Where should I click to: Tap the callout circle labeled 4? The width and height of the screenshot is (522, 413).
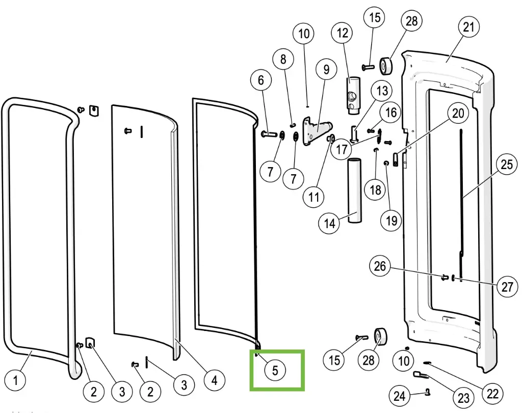[x=214, y=380]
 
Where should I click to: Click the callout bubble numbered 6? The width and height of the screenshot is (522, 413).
[x=261, y=80]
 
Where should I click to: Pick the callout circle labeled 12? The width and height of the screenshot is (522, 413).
[x=343, y=34]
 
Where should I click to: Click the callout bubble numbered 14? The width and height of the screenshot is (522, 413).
[x=330, y=223]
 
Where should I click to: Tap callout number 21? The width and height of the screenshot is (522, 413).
[x=468, y=27]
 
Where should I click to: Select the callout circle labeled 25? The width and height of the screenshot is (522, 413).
[x=506, y=165]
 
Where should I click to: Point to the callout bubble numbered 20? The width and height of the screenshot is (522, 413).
[x=458, y=113]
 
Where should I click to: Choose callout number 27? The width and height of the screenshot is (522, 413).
[x=507, y=287]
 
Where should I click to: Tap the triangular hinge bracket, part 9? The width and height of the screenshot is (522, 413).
[x=316, y=131]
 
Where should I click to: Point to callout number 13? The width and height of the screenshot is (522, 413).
[x=382, y=92]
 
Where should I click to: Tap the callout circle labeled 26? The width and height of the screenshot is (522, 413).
[x=380, y=266]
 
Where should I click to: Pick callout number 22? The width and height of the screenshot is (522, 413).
[x=492, y=394]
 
